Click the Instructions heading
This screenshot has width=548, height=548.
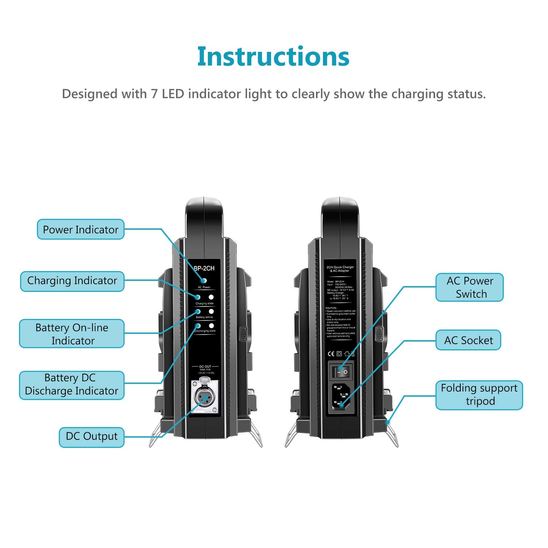tap(273, 57)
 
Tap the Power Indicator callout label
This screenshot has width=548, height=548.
tap(81, 229)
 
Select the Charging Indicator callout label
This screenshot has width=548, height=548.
tap(72, 281)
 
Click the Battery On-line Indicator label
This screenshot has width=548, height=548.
tap(72, 334)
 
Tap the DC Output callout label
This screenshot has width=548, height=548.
tap(92, 437)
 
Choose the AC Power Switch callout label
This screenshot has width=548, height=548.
tap(469, 287)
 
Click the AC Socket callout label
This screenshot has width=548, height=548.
tap(468, 340)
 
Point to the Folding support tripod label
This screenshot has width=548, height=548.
tap(479, 395)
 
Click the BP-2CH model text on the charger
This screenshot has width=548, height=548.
tap(204, 269)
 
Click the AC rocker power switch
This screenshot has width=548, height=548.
tap(341, 372)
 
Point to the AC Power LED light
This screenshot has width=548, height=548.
tap(204, 281)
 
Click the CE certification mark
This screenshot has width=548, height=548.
tap(331, 354)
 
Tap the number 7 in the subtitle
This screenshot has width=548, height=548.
tap(154, 94)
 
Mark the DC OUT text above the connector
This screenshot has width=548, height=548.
tap(205, 366)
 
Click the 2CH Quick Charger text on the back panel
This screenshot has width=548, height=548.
tap(340, 267)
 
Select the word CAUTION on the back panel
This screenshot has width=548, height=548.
tap(331, 308)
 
